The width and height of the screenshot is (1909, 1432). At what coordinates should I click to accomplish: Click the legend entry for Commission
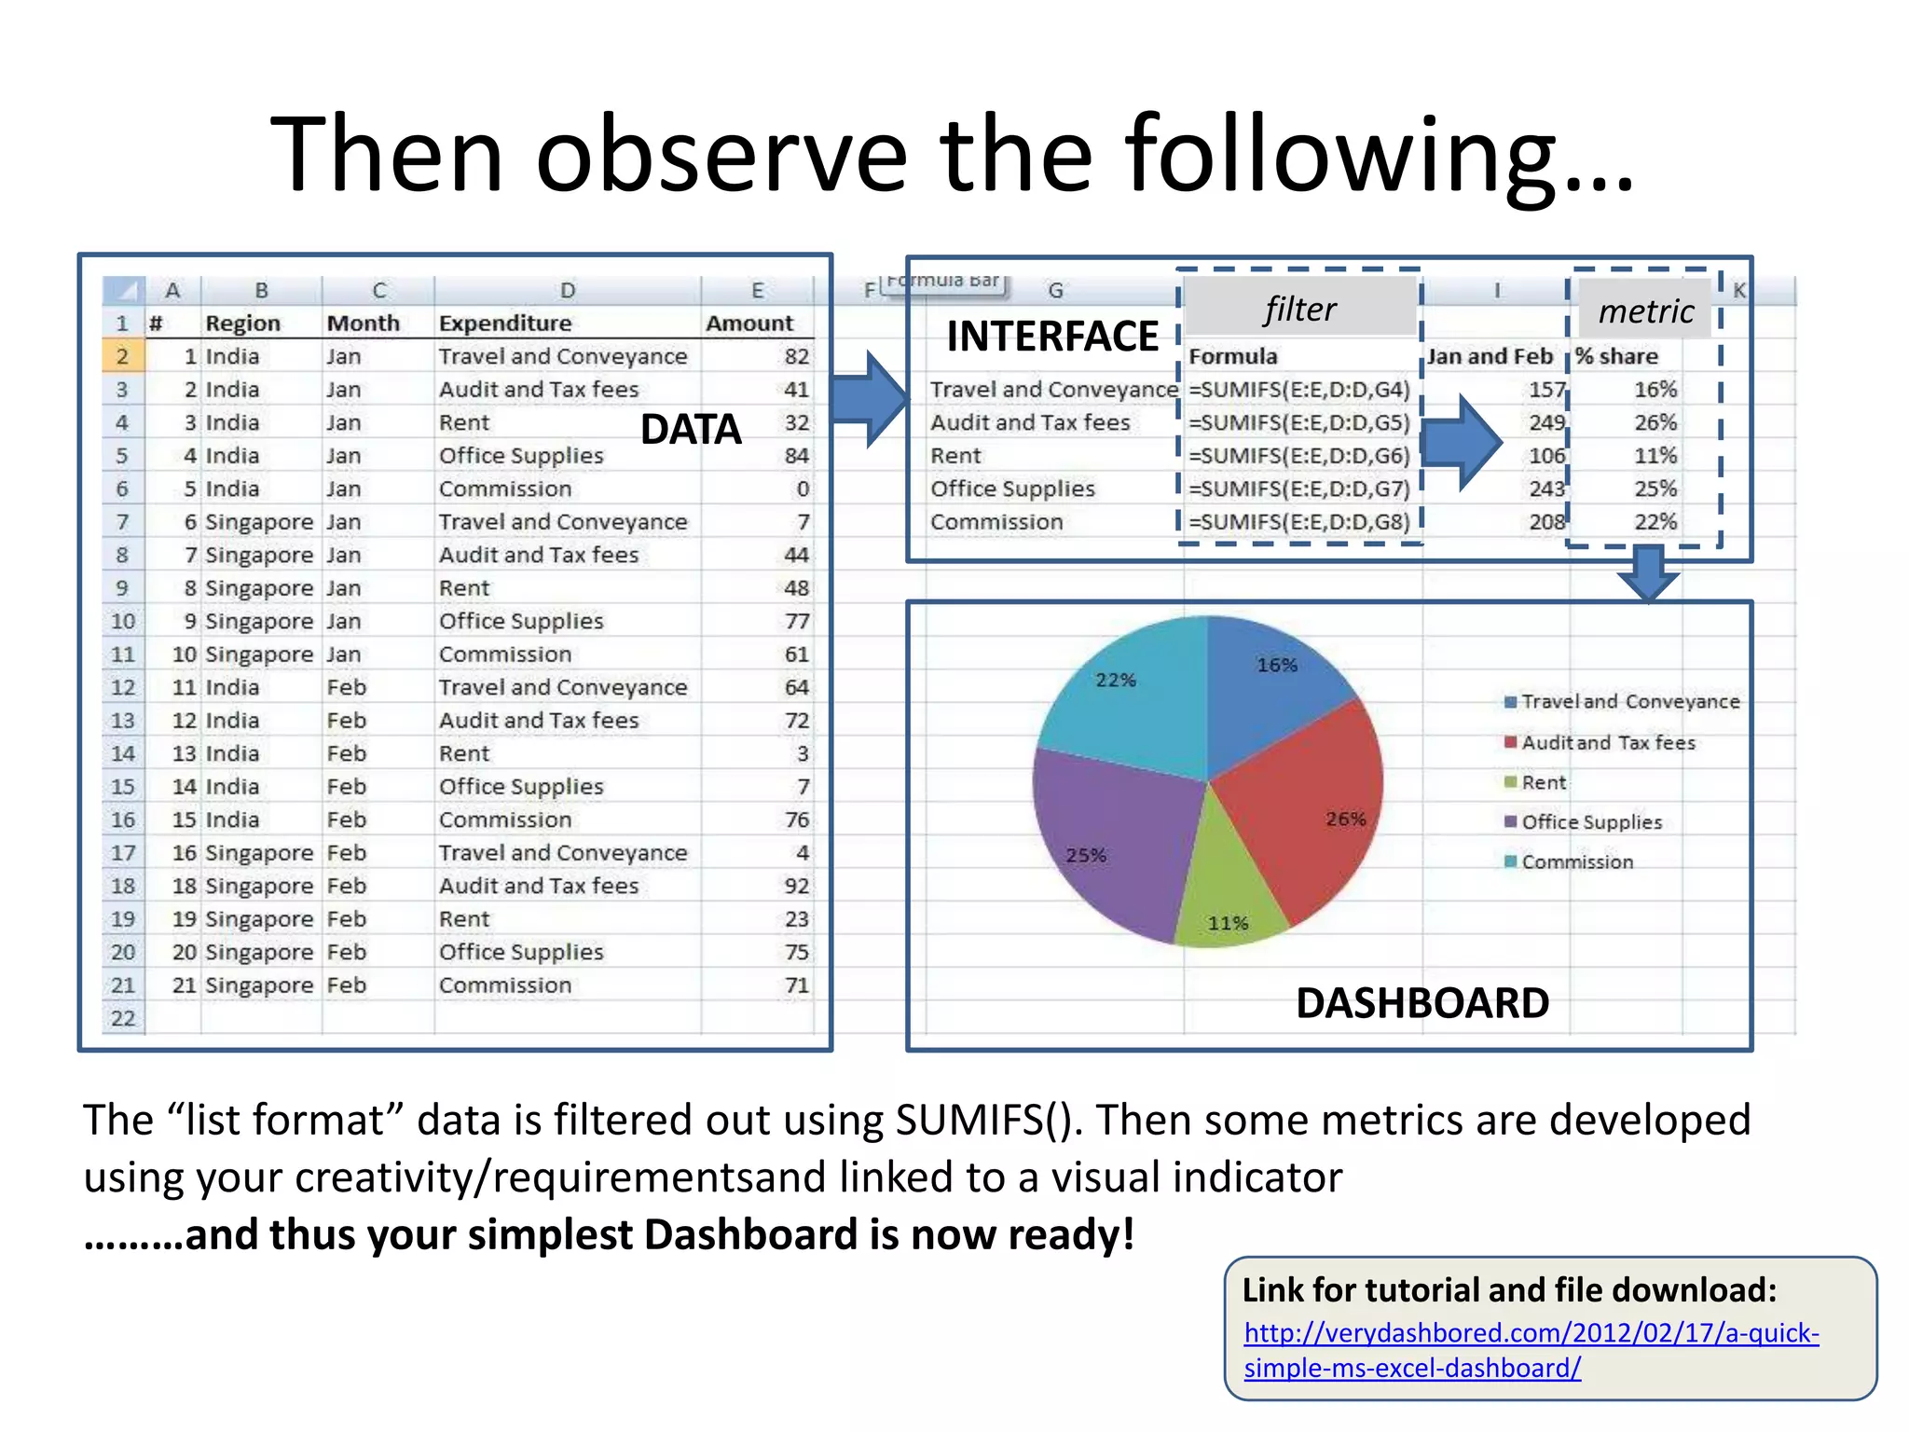[x=1576, y=862]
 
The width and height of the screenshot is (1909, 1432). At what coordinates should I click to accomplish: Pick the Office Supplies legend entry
[x=1590, y=822]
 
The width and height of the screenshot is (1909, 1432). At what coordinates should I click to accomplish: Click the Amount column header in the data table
[x=749, y=324]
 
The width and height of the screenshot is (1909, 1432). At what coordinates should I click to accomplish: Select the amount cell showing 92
[x=796, y=886]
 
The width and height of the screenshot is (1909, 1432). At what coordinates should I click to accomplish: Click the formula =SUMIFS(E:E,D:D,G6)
[x=1298, y=456]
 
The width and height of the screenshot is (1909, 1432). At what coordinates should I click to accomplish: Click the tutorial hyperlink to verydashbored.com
[x=1530, y=1350]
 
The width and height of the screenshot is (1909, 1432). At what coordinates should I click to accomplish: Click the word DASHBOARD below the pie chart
[x=1421, y=1003]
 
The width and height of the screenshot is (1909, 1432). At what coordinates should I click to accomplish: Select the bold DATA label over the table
[x=691, y=430]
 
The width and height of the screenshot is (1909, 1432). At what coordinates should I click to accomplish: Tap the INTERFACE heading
[x=1052, y=337]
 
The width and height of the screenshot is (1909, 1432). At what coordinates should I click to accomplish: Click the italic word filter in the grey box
[x=1299, y=310]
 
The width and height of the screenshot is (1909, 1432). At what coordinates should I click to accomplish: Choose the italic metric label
[x=1645, y=311]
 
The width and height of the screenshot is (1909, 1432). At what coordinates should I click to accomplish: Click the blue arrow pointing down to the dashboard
[x=1648, y=573]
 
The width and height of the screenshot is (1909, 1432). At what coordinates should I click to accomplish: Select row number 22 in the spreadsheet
[x=123, y=1018]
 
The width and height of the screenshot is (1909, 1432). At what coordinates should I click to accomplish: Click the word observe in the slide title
[x=721, y=154]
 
